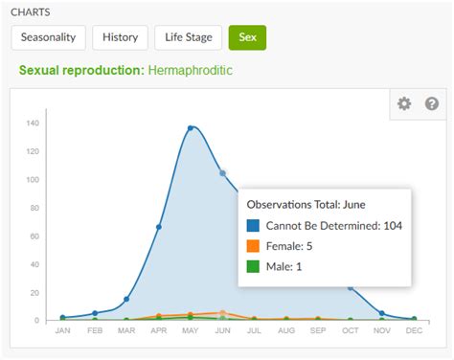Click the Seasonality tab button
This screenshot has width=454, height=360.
(49, 38)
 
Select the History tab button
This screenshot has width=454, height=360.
(121, 38)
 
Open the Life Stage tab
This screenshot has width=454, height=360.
(188, 38)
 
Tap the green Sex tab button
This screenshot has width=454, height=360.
(247, 38)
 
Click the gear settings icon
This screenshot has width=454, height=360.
(404, 103)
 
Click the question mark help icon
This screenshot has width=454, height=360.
(432, 103)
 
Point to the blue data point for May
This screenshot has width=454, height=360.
(191, 128)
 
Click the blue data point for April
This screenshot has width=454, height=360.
(158, 227)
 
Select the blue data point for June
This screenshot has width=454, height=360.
(222, 173)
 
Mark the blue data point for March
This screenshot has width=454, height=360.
(126, 299)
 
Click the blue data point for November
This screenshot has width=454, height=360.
(382, 313)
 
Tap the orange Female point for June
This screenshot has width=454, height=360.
(222, 312)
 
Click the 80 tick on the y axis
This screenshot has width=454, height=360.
(34, 208)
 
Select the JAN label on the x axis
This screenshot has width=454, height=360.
(62, 331)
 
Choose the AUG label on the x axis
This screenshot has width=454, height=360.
(286, 331)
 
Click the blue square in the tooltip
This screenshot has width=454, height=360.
(253, 226)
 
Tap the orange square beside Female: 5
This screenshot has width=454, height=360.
(253, 246)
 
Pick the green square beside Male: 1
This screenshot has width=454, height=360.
(253, 266)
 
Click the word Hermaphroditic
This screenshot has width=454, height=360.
(190, 71)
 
